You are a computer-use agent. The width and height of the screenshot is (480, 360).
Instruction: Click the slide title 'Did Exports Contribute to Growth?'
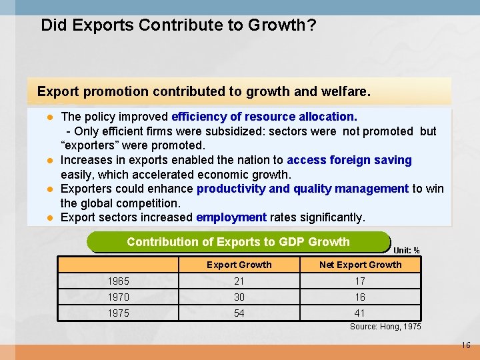point(178,25)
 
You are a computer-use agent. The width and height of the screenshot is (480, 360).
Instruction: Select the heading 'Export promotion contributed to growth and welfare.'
point(203,90)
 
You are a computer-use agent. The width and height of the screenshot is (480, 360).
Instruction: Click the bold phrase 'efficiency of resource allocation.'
point(264,117)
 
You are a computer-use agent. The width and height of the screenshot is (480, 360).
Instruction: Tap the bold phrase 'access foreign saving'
point(349,160)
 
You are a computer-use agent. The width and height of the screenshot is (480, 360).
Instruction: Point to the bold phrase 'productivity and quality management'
point(302,189)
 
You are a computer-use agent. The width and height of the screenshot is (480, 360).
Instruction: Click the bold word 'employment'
point(231,217)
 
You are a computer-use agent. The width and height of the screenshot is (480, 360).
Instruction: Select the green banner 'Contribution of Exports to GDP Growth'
point(238,242)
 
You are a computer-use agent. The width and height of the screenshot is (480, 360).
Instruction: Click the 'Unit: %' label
point(406,251)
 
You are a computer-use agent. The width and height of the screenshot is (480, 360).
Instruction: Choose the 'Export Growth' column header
point(239,265)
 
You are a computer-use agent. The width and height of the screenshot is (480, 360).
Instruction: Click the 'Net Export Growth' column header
point(360,265)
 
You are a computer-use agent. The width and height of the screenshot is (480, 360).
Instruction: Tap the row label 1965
point(119,281)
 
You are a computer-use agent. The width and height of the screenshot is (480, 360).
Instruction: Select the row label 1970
point(119,297)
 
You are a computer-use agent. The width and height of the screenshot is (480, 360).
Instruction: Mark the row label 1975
point(119,313)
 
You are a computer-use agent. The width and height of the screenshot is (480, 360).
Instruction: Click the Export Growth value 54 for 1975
point(239,313)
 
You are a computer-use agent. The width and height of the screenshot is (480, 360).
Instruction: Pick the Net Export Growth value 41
point(360,313)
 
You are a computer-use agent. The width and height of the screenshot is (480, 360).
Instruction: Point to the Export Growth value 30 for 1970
point(239,297)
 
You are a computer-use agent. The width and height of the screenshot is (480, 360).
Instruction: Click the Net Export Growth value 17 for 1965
point(360,281)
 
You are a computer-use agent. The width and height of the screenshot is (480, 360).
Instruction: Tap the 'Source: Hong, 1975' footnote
point(385,327)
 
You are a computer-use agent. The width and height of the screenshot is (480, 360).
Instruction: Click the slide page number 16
point(465,345)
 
